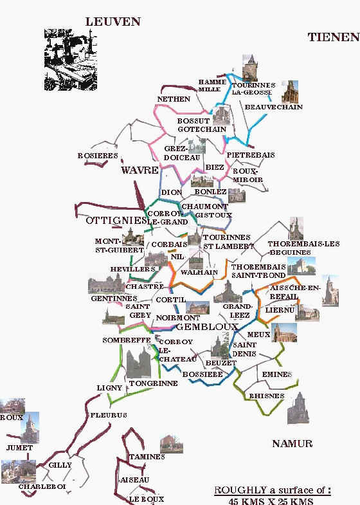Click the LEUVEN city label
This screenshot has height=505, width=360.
point(113,21)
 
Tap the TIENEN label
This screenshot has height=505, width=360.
point(333,37)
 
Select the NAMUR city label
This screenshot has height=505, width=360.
point(292,443)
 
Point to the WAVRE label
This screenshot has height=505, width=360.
point(139,170)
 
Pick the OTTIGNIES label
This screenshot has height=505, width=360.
point(113,221)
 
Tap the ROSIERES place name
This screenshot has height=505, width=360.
point(97,156)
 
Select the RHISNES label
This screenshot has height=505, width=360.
point(265,396)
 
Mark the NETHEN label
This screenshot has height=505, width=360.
point(174,99)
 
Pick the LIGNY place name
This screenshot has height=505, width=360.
point(105,388)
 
